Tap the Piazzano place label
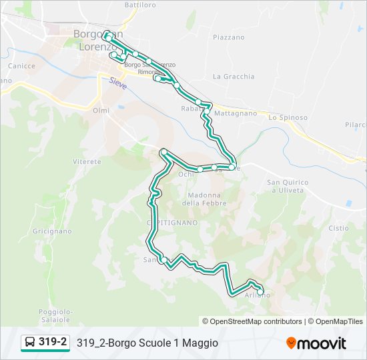[x=229, y=37]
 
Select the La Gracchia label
[x=234, y=77]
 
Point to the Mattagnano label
[x=236, y=113]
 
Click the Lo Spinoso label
[x=288, y=117]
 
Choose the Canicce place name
[x=21, y=66]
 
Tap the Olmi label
[x=101, y=110]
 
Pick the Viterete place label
[x=87, y=162]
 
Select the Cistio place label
[x=338, y=228]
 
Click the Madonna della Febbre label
[x=204, y=199]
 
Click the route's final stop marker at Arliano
[x=260, y=291]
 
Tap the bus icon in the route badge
[x=30, y=343]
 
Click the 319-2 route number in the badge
[x=53, y=343]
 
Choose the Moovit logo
[x=316, y=343]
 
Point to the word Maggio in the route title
[x=200, y=343]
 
